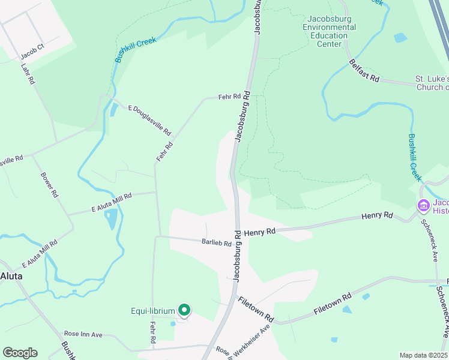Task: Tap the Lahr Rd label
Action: tap(28, 73)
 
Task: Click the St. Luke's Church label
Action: tap(432, 83)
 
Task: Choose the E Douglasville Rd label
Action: tap(149, 119)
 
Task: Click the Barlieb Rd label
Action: tap(216, 243)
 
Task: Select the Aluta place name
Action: tap(11, 276)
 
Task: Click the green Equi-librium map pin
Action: tap(185, 310)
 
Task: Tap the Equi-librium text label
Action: tap(153, 311)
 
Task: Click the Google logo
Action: tap(20, 353)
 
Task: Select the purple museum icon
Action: tap(424, 206)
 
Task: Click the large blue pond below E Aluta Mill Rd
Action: tap(111, 220)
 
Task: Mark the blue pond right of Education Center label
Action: tap(400, 38)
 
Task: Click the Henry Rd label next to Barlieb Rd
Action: tap(260, 232)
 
